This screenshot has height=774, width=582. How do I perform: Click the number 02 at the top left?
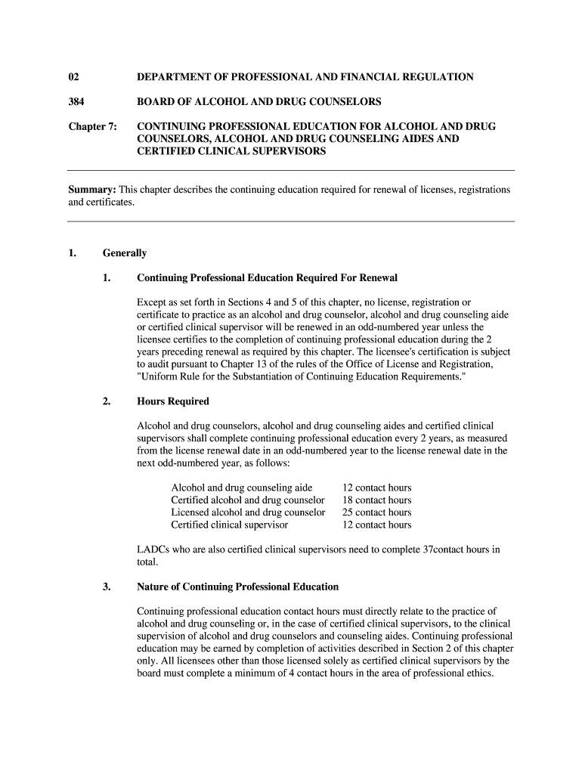[73, 77]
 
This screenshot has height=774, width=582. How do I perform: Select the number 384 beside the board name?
[76, 101]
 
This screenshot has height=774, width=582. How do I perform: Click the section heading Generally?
[125, 253]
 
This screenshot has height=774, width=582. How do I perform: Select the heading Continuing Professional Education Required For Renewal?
[267, 278]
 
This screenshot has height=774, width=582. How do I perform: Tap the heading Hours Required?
[173, 401]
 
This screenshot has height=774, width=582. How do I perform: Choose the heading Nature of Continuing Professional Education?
[237, 587]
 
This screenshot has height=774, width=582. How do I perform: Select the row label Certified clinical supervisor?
[229, 525]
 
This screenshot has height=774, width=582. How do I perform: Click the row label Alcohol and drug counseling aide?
[241, 488]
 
